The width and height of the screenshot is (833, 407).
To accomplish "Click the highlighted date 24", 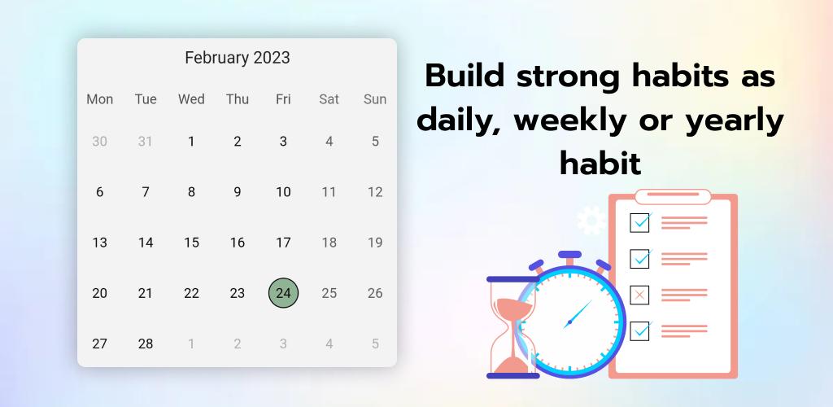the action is click(x=283, y=293).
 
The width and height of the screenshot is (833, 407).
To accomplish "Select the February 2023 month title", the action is click(x=238, y=57).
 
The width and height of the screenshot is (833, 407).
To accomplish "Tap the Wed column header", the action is click(x=191, y=99).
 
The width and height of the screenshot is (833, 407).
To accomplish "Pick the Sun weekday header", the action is click(x=375, y=99).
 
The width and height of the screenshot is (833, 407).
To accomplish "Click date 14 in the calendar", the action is click(x=146, y=243).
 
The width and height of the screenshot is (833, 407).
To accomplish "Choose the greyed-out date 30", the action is click(x=99, y=142).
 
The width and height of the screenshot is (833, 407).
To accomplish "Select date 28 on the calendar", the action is click(x=146, y=344).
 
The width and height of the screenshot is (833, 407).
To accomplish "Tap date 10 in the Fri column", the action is click(x=283, y=192).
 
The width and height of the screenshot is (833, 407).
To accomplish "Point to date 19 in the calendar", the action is click(x=375, y=243).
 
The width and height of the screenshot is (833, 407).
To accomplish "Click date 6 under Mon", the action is click(x=99, y=192).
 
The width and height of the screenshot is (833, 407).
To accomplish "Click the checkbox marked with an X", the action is click(x=639, y=295).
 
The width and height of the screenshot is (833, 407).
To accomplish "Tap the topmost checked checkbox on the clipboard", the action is click(x=640, y=222).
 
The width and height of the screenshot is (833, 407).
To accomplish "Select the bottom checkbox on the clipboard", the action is click(x=640, y=331).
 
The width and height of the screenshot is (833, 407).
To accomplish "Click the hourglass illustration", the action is click(x=512, y=327).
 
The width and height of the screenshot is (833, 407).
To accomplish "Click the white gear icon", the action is click(x=591, y=220).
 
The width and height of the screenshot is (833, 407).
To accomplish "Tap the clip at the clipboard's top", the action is click(x=673, y=196).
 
